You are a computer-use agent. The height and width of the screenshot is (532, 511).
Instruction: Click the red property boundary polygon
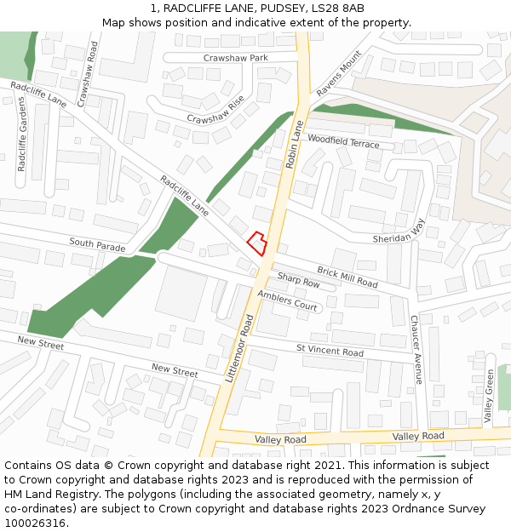[256, 243]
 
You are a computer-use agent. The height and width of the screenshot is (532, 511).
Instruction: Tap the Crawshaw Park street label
[235, 58]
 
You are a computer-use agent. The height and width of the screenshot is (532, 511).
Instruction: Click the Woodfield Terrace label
[343, 140]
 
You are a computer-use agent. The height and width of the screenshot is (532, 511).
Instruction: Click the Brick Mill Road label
[347, 276]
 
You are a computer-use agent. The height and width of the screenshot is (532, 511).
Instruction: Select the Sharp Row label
[298, 280]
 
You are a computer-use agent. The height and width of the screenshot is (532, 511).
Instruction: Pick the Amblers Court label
[287, 300]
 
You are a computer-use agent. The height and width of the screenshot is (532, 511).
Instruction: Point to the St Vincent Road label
[330, 351]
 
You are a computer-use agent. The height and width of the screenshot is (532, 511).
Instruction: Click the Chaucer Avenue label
[416, 350]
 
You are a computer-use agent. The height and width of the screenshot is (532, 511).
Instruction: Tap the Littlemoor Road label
[240, 347]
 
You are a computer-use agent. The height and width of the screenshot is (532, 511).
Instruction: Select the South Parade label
[97, 244]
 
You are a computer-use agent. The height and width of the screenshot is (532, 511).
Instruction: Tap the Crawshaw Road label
[88, 75]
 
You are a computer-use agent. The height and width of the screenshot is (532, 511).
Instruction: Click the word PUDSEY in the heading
[258, 8]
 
